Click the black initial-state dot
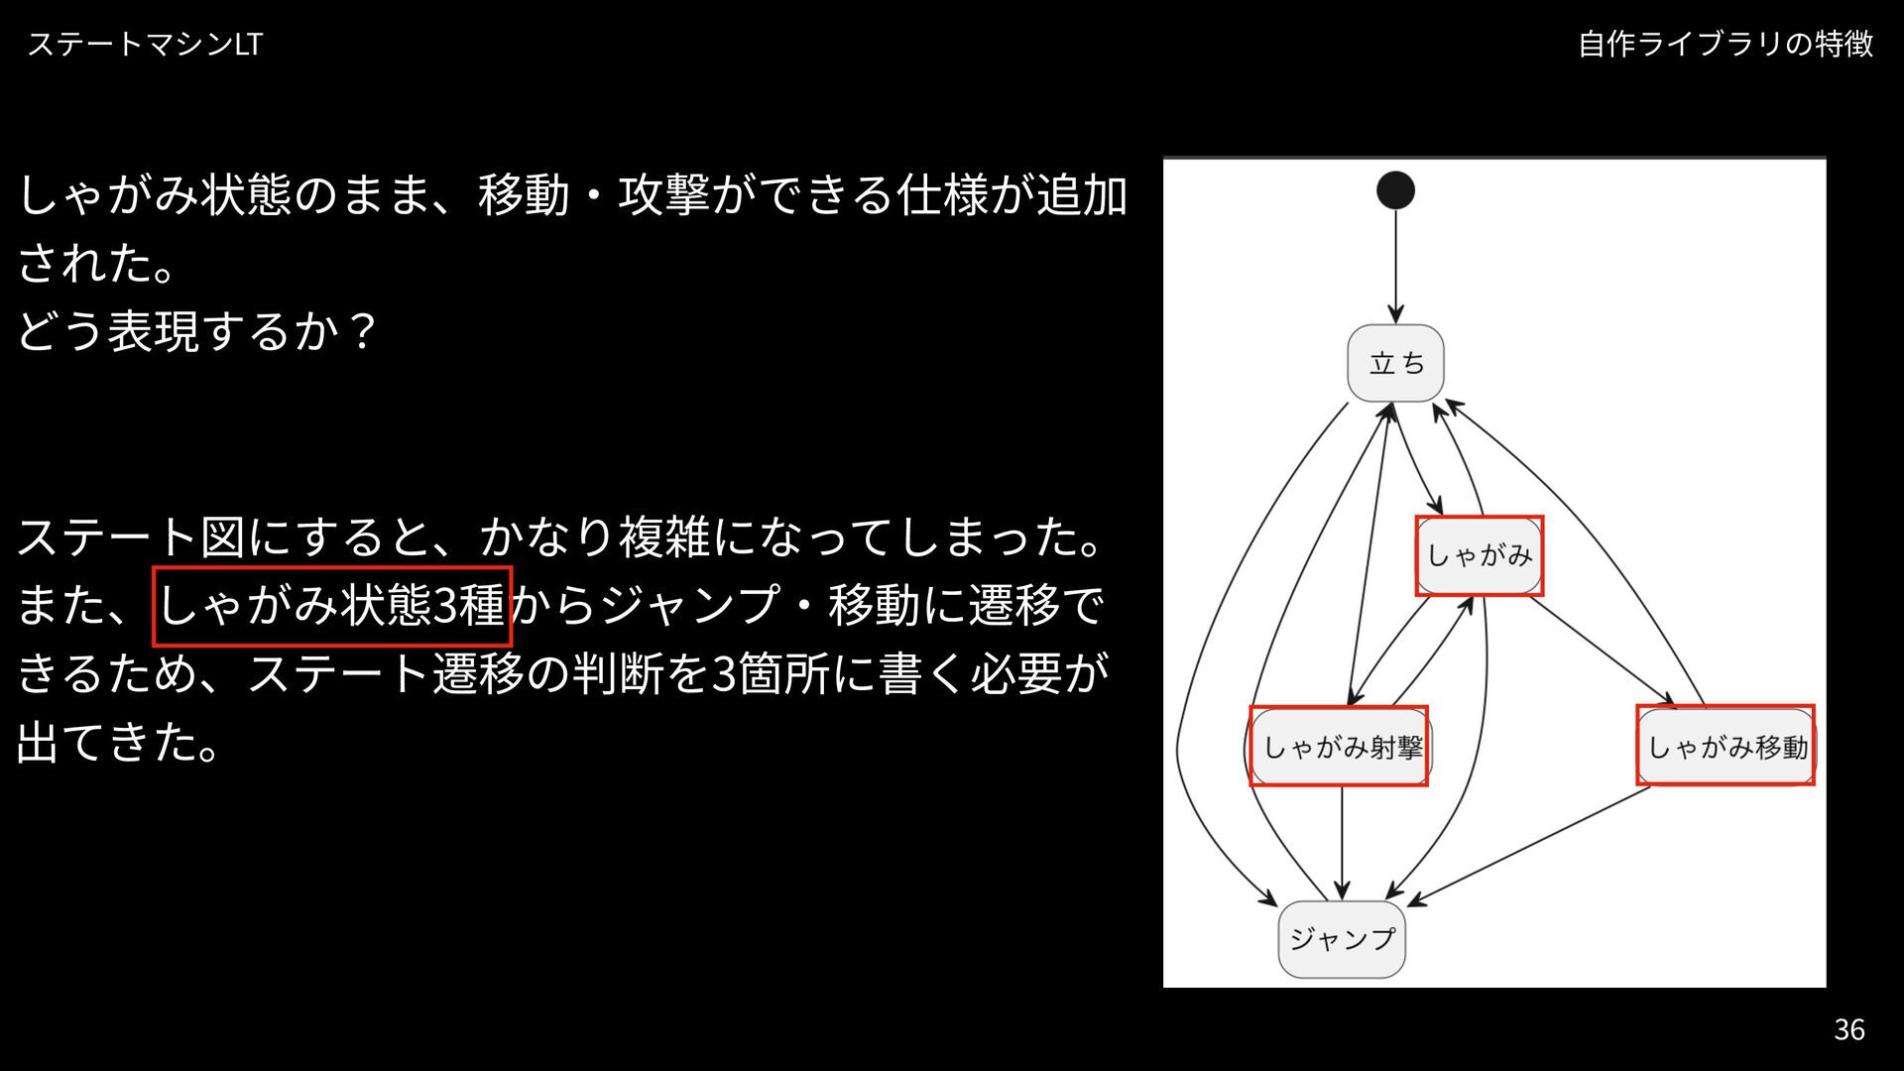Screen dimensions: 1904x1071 (x=1395, y=190)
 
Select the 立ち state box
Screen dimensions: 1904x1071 (x=1395, y=363)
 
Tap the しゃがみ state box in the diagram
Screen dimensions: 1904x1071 (x=1479, y=555)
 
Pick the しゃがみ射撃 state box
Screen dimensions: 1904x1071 (x=1339, y=747)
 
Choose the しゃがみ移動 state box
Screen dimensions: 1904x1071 (x=1725, y=747)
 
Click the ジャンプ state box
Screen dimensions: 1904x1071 (x=1342, y=938)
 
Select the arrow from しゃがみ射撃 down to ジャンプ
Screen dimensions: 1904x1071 (x=1342, y=843)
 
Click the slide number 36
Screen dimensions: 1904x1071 (x=1849, y=1029)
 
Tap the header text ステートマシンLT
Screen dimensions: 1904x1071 (x=145, y=44)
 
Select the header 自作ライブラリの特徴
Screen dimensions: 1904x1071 (x=1725, y=44)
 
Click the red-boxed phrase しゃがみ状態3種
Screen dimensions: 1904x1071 (x=331, y=605)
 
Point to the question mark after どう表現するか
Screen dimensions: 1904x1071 (x=363, y=330)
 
